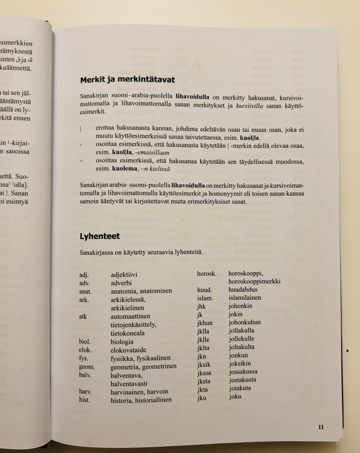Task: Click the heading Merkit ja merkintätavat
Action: pyautogui.click(x=127, y=80)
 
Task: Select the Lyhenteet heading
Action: pyautogui.click(x=100, y=236)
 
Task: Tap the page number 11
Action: pyautogui.click(x=321, y=427)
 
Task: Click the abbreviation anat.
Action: pyautogui.click(x=85, y=291)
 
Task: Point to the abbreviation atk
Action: pyautogui.click(x=83, y=317)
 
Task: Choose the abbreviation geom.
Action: pyautogui.click(x=87, y=366)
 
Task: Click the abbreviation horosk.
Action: pyautogui.click(x=207, y=274)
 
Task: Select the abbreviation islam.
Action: pyautogui.click(x=205, y=298)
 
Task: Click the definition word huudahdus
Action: pyautogui.click(x=243, y=290)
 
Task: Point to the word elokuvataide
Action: pyautogui.click(x=128, y=350)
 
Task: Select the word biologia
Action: pyautogui.click(x=122, y=342)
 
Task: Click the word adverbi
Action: pyautogui.click(x=121, y=283)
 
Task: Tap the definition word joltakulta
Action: pyautogui.click(x=241, y=347)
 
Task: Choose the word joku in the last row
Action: pyautogui.click(x=235, y=396)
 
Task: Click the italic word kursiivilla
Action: pyautogui.click(x=249, y=106)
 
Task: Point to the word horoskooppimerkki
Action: pyautogui.click(x=254, y=281)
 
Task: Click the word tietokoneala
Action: pyautogui.click(x=127, y=333)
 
